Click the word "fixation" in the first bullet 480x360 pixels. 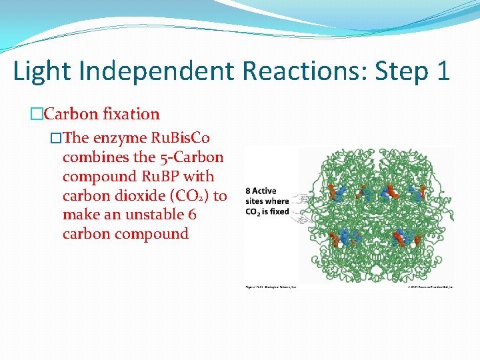131,114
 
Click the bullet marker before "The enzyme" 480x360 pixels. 56,138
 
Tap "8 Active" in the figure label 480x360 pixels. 261,191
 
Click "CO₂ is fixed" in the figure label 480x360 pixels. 267,212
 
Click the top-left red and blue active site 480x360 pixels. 337,192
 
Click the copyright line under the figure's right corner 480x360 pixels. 431,287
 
